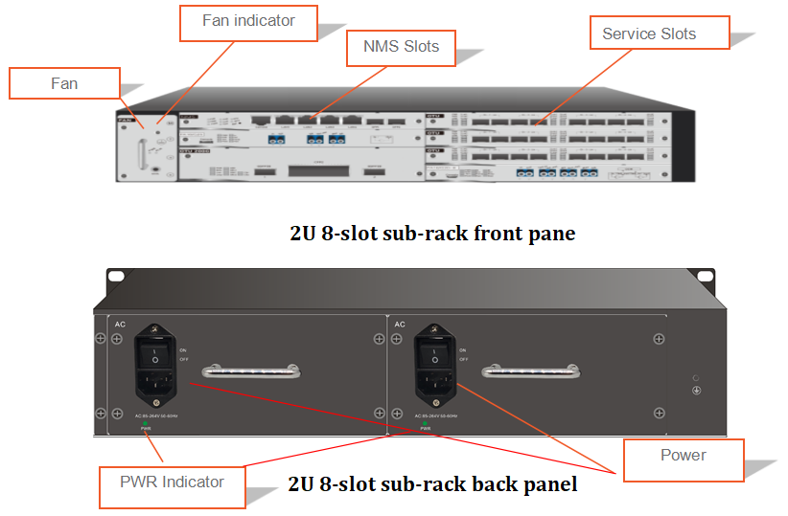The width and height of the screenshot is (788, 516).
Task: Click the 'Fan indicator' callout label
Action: click(248, 21)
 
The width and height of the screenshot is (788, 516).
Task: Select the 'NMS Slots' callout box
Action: click(400, 46)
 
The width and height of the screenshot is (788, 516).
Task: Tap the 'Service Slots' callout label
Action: click(648, 34)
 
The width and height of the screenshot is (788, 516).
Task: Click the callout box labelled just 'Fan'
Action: click(64, 83)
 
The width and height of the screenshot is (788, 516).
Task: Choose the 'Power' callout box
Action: click(683, 456)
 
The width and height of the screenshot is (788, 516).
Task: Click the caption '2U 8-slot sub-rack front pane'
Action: click(432, 234)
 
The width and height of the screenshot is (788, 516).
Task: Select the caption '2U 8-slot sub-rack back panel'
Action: click(433, 484)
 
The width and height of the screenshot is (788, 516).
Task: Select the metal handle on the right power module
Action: click(528, 370)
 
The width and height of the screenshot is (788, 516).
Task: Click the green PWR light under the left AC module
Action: click(146, 423)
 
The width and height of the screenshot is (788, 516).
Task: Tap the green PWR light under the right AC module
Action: click(425, 423)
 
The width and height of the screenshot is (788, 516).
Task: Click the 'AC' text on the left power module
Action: click(120, 325)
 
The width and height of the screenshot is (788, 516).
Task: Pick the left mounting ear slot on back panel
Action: click(117, 276)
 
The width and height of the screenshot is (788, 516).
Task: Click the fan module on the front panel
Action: click(145, 147)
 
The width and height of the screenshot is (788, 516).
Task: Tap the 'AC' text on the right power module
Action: click(399, 325)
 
